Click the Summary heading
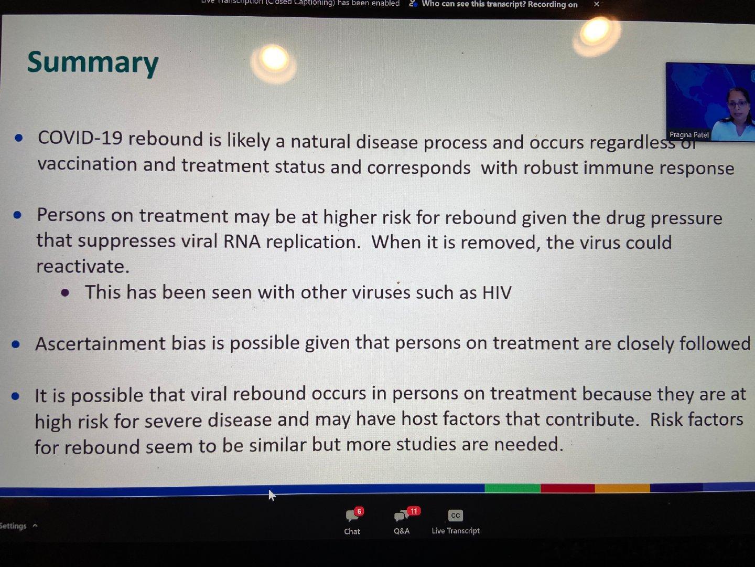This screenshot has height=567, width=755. (x=93, y=62)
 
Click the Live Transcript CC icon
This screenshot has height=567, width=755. (x=456, y=516)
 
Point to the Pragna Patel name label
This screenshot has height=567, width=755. (x=689, y=134)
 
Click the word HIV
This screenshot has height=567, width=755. (x=497, y=292)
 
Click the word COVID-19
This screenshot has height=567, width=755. (x=80, y=138)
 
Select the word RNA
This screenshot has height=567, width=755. (x=242, y=241)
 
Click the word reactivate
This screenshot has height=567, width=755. (x=83, y=267)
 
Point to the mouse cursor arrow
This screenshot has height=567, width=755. (x=272, y=495)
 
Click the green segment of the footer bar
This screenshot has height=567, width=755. (x=512, y=488)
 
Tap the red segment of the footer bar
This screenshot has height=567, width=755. (x=568, y=488)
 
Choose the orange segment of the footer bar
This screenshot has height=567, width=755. (x=622, y=488)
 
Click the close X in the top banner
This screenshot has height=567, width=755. (x=597, y=4)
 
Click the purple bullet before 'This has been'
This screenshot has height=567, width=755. (x=65, y=293)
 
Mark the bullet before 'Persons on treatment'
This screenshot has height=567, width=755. (x=17, y=215)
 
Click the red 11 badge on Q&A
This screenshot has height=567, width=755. (x=414, y=511)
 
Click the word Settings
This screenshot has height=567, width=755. (x=13, y=526)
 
